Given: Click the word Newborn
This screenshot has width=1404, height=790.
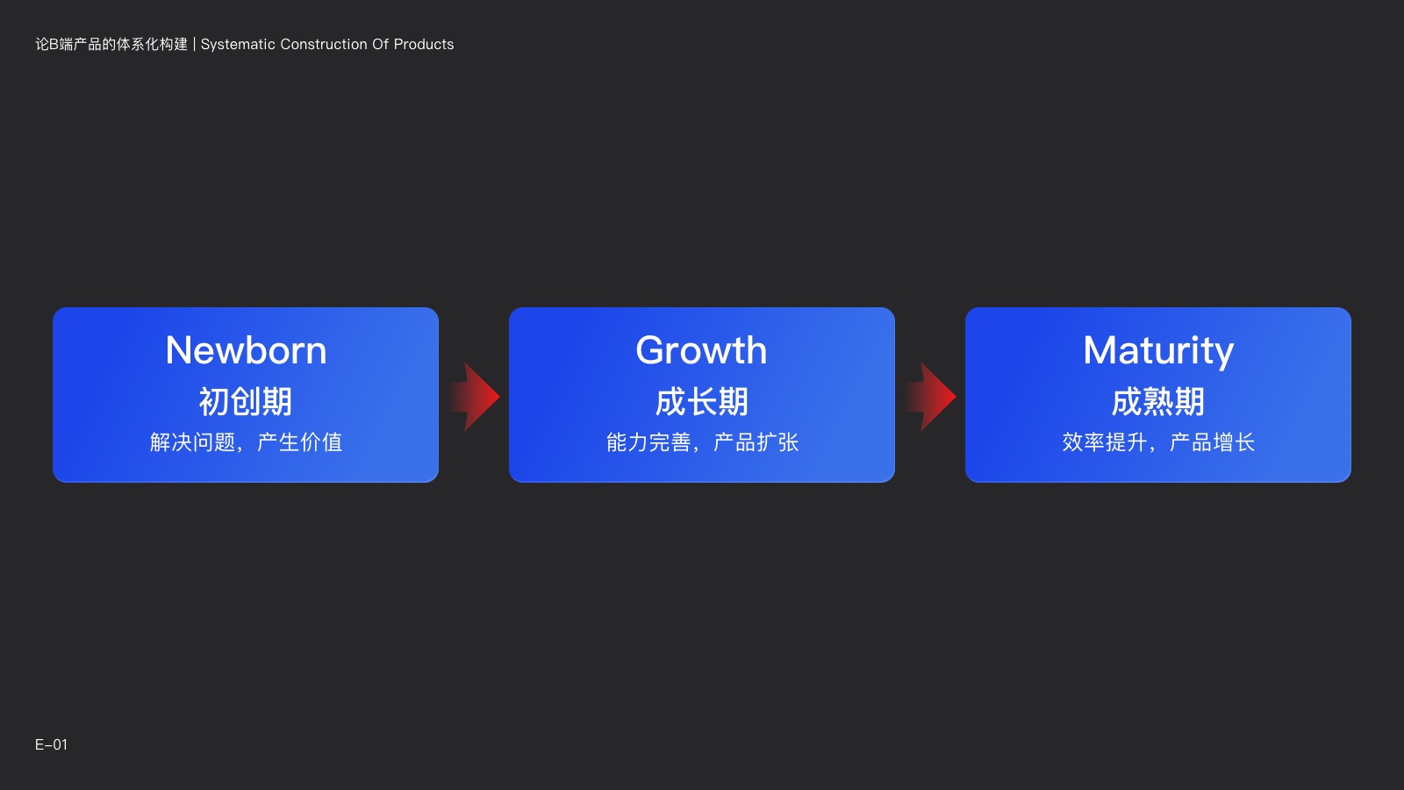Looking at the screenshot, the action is (x=246, y=350).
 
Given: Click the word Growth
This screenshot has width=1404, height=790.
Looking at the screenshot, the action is (x=701, y=350).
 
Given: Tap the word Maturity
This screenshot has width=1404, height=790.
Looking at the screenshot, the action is (x=1158, y=351).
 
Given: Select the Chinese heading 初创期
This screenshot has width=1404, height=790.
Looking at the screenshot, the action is (x=246, y=401).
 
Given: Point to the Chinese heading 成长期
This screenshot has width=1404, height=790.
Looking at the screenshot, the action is (x=702, y=401).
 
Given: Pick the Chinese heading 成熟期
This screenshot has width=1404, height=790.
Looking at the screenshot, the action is (x=1158, y=401).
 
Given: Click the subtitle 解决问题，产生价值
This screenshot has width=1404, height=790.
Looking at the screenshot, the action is (x=246, y=442).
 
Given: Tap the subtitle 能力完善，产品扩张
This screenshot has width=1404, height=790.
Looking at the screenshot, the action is (x=702, y=442).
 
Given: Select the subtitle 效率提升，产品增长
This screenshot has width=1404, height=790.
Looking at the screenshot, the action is (x=1158, y=442).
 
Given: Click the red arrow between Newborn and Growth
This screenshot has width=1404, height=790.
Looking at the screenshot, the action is (x=475, y=396).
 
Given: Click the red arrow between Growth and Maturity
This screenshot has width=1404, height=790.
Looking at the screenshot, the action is (x=931, y=396).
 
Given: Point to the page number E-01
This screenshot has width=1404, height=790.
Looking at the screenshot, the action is (x=51, y=745).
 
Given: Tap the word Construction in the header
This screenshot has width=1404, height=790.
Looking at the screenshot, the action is (x=324, y=45).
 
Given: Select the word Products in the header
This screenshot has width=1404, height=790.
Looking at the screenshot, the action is (x=424, y=45).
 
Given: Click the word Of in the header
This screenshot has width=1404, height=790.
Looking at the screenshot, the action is (x=381, y=45).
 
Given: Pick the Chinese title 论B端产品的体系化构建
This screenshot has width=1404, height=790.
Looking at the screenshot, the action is (x=111, y=45).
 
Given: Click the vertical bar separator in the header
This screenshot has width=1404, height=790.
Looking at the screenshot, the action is (x=194, y=45).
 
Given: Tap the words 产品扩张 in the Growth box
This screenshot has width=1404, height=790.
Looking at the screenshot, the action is (x=756, y=442).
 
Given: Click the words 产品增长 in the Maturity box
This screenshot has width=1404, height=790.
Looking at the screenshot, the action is (x=1212, y=442).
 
